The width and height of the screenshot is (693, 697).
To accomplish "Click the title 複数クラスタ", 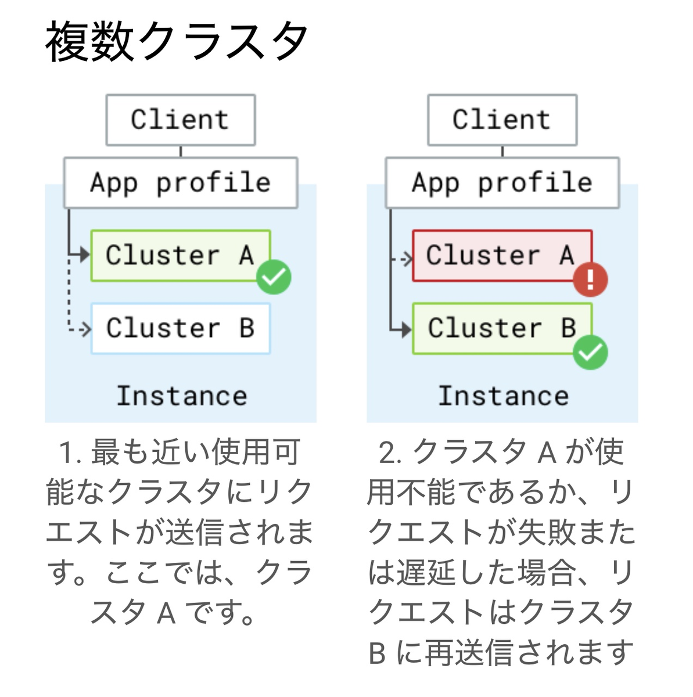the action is point(176,41).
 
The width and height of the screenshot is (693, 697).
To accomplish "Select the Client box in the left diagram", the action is point(181,120).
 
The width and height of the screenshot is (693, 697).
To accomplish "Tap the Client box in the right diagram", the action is point(502,120).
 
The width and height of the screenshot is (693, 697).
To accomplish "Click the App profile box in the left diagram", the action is point(181,182).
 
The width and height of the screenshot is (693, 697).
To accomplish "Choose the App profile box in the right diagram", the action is point(502,182).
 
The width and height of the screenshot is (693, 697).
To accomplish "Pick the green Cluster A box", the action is point(181,256).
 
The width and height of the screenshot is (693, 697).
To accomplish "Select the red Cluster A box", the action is point(502,256).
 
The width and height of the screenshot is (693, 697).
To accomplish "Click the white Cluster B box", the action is point(181,328).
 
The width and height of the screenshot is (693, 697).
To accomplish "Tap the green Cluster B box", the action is point(502,328).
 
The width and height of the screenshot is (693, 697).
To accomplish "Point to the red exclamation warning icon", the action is point(590,279).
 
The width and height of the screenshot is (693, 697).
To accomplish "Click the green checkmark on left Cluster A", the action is point(274,277).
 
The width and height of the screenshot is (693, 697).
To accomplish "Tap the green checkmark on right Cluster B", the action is point(590,353).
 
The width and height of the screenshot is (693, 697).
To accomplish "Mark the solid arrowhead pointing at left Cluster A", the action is point(85,254).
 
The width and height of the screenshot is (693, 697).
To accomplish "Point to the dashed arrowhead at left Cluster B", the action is point(86,329).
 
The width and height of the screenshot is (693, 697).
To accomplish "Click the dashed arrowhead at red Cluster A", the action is point(407,259).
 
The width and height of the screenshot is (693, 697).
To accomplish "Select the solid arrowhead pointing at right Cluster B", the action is point(407,329).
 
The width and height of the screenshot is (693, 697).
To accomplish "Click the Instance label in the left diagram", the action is point(182,396).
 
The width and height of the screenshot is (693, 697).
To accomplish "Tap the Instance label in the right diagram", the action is point(504,396).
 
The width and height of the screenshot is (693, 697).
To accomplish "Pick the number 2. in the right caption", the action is point(390,452).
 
